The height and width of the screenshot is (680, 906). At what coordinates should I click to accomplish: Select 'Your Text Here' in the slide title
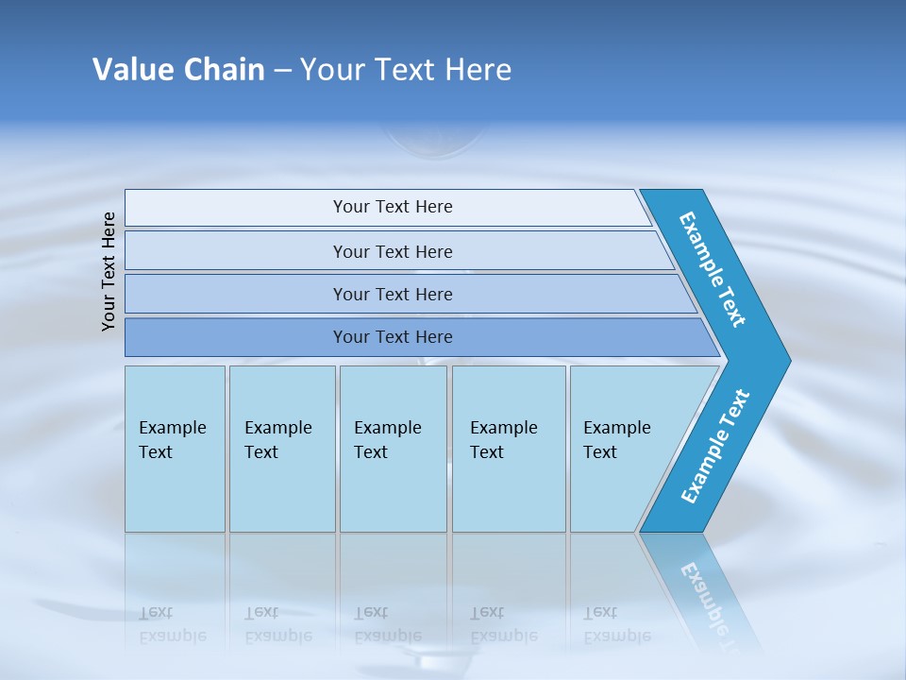click(x=406, y=69)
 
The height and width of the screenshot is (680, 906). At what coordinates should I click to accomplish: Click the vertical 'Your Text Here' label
click(x=109, y=271)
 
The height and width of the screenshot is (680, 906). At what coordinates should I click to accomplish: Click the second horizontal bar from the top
click(x=393, y=251)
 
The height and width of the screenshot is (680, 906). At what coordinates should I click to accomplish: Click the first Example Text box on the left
click(x=175, y=448)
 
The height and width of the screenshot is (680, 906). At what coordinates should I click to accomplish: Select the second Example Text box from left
click(x=282, y=448)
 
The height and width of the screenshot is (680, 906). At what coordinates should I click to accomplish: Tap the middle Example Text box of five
click(x=393, y=448)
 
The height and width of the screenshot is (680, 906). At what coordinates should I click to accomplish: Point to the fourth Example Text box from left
click(x=509, y=448)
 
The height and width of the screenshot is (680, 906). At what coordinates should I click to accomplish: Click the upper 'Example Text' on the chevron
click(x=713, y=269)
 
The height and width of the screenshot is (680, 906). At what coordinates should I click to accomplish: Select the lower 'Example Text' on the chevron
click(x=715, y=447)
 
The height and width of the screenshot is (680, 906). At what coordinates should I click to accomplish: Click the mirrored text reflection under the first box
click(x=173, y=624)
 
